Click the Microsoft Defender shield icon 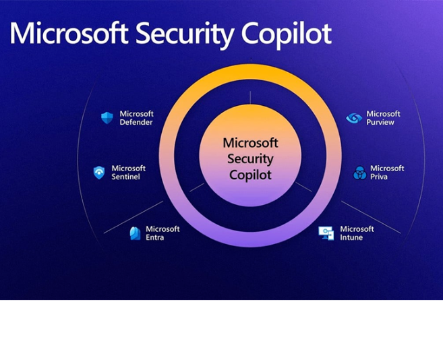click(x=107, y=118)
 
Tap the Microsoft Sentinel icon click(x=99, y=173)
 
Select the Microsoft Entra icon click(x=135, y=233)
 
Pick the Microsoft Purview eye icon click(x=354, y=118)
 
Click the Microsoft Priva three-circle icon click(x=359, y=173)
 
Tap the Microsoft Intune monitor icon click(x=326, y=233)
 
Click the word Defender click(x=136, y=122)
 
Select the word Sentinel click(x=125, y=177)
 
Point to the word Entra click(x=155, y=237)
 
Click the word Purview click(x=380, y=122)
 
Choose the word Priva click(x=379, y=177)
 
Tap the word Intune click(x=351, y=237)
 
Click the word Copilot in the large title click(x=286, y=34)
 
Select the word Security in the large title click(x=185, y=34)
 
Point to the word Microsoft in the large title click(x=69, y=33)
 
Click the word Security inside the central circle click(x=250, y=159)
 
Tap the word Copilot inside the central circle click(x=250, y=175)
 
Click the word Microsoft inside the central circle click(x=250, y=143)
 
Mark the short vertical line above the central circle click(x=250, y=98)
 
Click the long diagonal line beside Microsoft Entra click(x=134, y=217)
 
